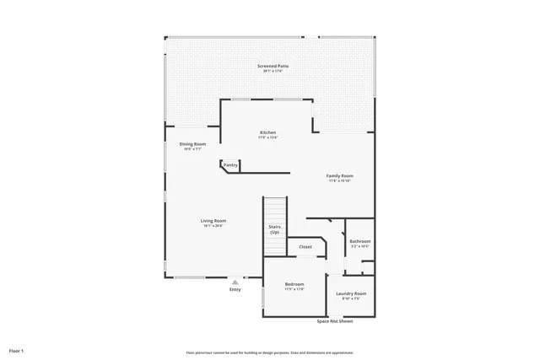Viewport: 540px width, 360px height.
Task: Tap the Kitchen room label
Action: (268, 132)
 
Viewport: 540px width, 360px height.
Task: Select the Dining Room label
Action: (192, 144)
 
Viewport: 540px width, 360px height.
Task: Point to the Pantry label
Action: (230, 164)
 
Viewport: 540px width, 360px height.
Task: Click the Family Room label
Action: (339, 175)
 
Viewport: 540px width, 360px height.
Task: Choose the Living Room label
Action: (213, 221)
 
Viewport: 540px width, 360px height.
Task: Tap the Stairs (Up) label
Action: (275, 228)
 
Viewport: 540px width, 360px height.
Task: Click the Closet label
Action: (305, 247)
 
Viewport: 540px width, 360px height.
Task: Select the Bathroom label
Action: (360, 242)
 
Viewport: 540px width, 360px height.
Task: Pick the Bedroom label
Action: (294, 284)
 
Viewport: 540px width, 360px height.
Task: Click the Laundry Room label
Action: (351, 293)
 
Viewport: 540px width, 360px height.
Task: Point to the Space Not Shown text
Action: (335, 321)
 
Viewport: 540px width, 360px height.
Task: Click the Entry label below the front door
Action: (235, 290)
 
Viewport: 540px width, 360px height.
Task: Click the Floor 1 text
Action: (17, 350)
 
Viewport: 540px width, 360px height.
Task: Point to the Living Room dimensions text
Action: (213, 226)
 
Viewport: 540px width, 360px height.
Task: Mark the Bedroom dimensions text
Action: (294, 289)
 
